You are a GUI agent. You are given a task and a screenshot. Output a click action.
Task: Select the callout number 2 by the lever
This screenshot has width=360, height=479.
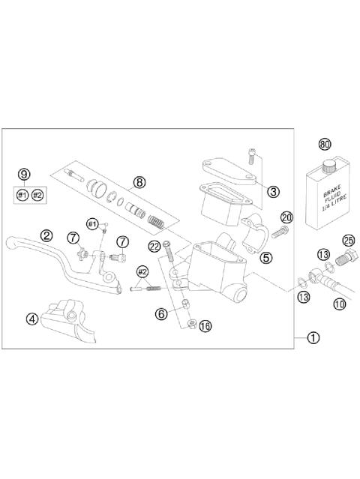[46, 235]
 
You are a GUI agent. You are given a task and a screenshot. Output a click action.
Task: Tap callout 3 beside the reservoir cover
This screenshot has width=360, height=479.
[273, 191]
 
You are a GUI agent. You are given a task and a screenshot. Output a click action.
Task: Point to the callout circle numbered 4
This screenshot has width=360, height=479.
[31, 318]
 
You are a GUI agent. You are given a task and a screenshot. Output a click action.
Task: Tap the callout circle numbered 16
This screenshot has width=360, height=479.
[205, 326]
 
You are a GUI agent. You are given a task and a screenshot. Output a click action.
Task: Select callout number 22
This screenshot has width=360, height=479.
[154, 246]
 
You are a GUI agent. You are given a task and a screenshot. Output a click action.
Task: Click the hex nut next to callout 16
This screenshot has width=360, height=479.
[192, 324]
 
